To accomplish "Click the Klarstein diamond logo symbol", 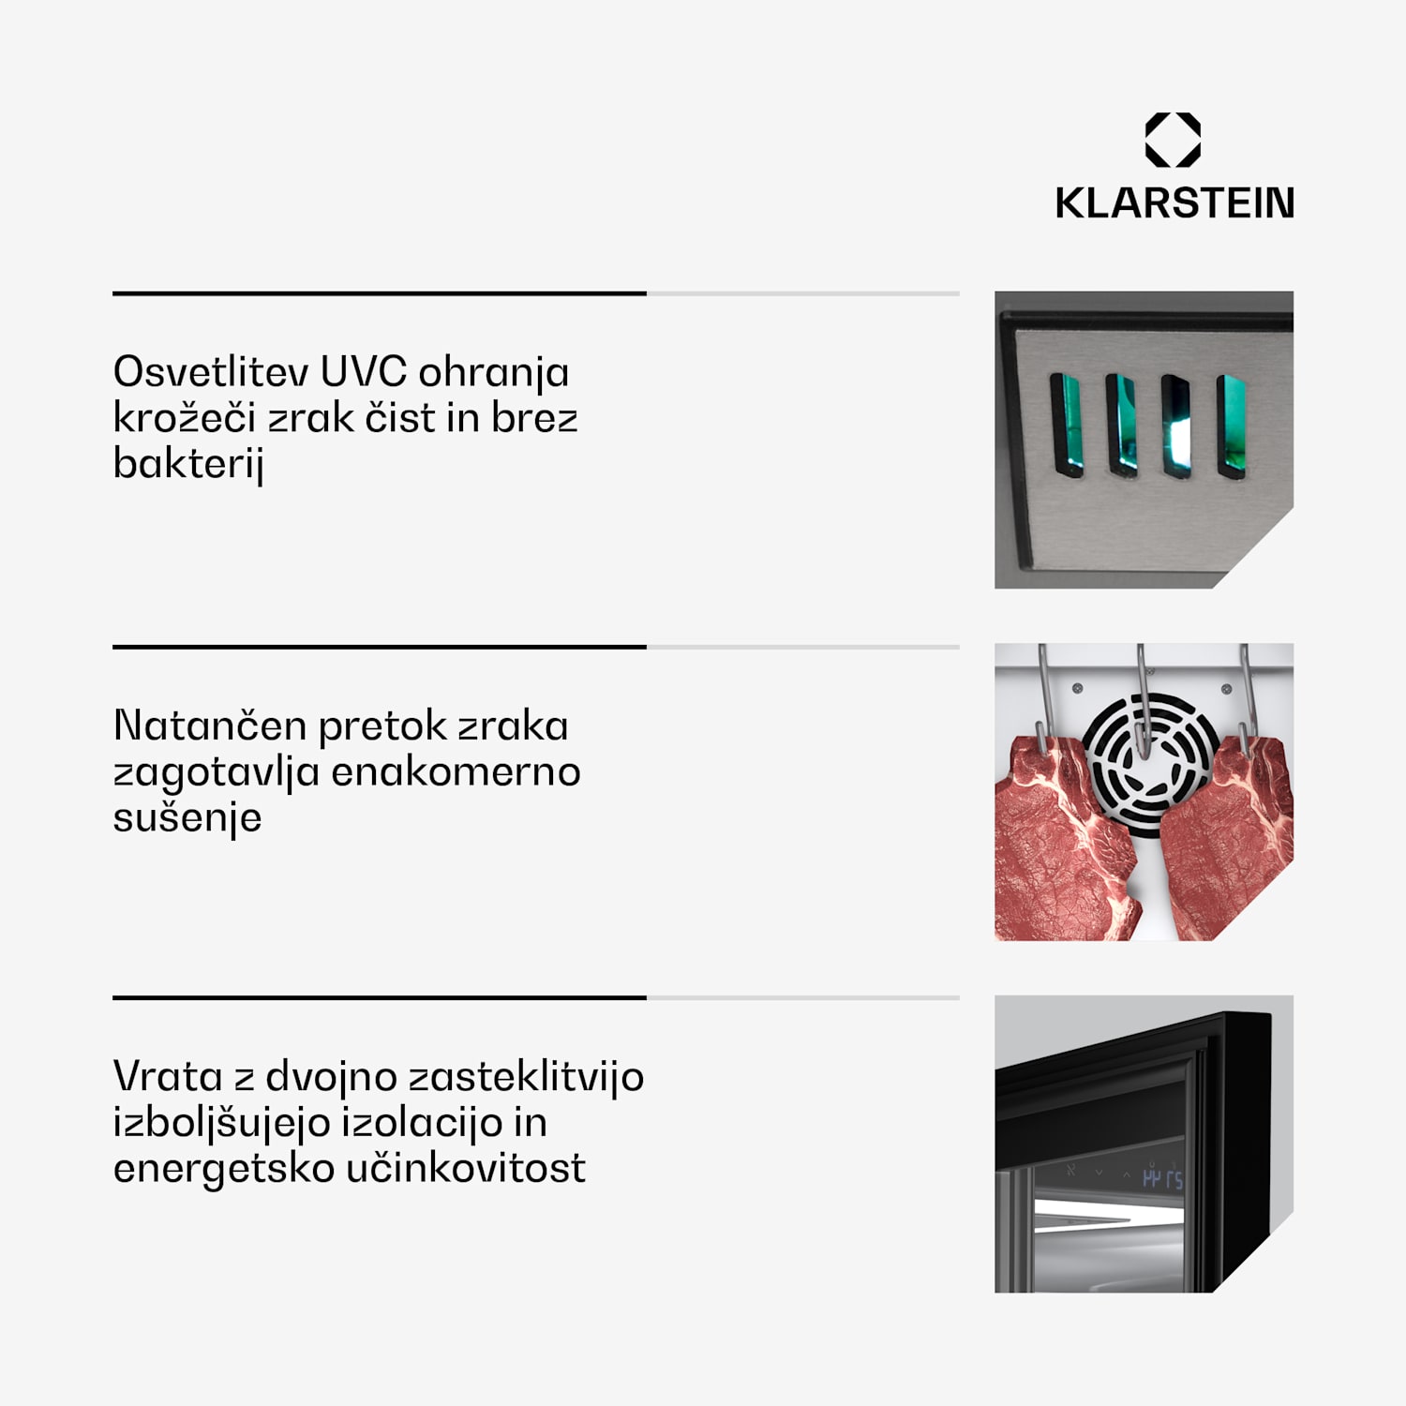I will point(1173,140).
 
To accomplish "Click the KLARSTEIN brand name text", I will point(1174,203).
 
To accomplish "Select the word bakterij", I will point(188,463).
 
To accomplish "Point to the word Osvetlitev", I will point(211,372).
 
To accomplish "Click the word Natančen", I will point(210,725).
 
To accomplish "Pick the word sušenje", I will point(187,817).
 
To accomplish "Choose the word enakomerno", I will point(456,771).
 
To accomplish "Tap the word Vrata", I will point(168,1076).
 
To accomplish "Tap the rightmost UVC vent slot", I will point(1232,426).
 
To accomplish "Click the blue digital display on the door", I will point(1162,1178).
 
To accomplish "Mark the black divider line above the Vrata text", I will point(380,998).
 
